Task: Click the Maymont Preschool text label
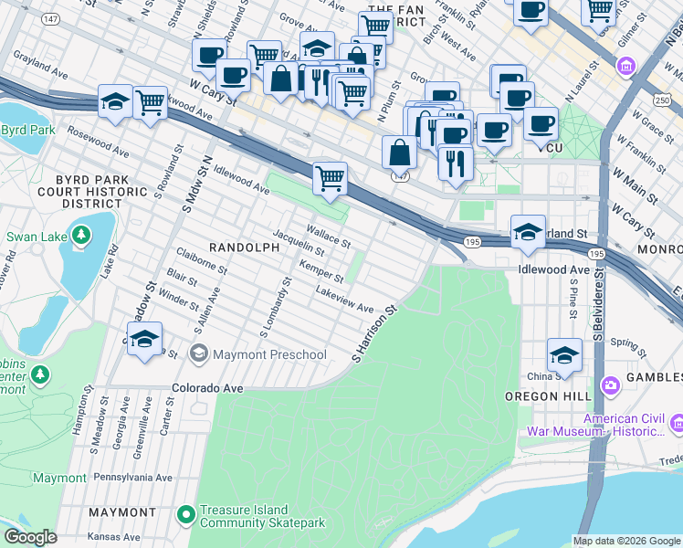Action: tap(269, 354)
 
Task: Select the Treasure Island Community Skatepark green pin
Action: tap(186, 516)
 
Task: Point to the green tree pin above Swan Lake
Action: tap(81, 237)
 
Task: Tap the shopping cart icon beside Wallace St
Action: tap(330, 179)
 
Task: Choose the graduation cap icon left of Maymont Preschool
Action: tap(143, 340)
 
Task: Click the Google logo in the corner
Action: tap(30, 537)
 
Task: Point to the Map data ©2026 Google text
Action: tap(625, 541)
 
